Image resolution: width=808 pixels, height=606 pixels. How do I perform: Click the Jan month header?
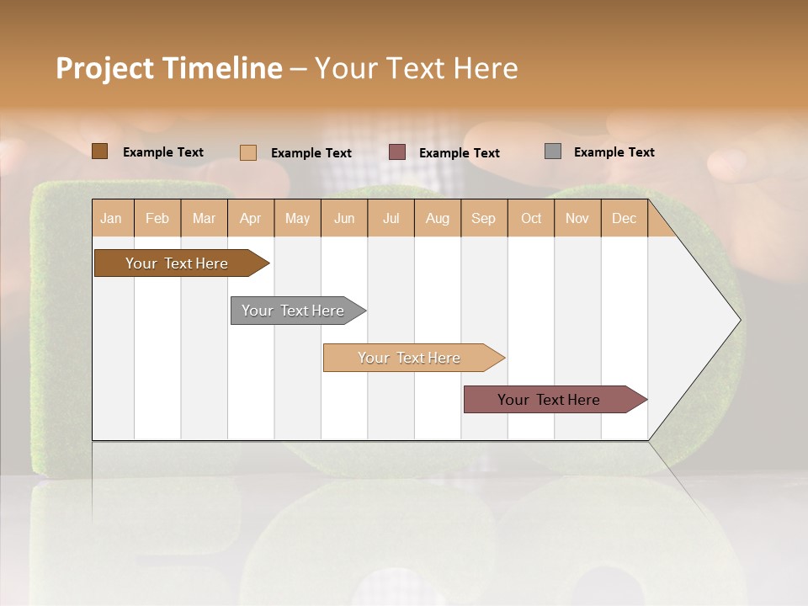click(x=111, y=218)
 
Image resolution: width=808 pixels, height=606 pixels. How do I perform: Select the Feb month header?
click(x=157, y=218)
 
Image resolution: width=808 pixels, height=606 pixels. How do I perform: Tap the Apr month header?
click(x=250, y=218)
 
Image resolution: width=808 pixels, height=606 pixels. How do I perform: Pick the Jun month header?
click(x=344, y=218)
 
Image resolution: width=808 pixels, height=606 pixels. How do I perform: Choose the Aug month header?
click(x=437, y=218)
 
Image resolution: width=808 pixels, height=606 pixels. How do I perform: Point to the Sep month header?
click(x=483, y=218)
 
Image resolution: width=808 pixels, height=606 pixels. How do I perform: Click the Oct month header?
click(x=531, y=218)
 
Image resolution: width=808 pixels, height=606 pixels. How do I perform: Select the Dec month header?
click(x=624, y=218)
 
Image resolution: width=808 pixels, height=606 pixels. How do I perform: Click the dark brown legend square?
click(x=100, y=151)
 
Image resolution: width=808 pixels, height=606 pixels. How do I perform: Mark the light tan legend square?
click(x=248, y=152)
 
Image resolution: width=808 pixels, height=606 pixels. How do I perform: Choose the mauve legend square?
click(x=397, y=152)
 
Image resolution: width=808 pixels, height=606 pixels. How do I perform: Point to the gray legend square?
click(x=553, y=151)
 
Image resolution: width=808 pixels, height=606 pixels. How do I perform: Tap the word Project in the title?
click(x=105, y=68)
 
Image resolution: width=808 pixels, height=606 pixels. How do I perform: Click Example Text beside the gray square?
click(x=614, y=151)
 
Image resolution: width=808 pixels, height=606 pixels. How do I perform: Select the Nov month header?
click(x=577, y=218)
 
